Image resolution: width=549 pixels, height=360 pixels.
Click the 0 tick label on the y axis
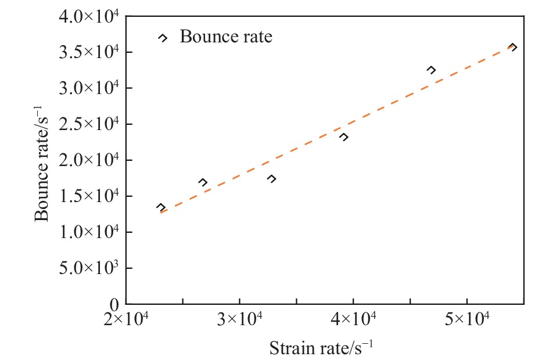115,304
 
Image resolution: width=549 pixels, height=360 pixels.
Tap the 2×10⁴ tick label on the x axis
125,320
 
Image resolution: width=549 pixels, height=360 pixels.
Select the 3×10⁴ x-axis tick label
239,320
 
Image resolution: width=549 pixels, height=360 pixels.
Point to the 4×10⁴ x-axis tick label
353,320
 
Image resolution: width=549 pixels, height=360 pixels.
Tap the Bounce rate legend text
226,37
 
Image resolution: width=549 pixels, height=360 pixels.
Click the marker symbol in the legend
163,38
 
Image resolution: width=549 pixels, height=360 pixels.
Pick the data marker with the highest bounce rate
512,47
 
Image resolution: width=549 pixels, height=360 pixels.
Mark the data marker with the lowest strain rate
161,207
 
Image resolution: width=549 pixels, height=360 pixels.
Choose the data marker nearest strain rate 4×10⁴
344,137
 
